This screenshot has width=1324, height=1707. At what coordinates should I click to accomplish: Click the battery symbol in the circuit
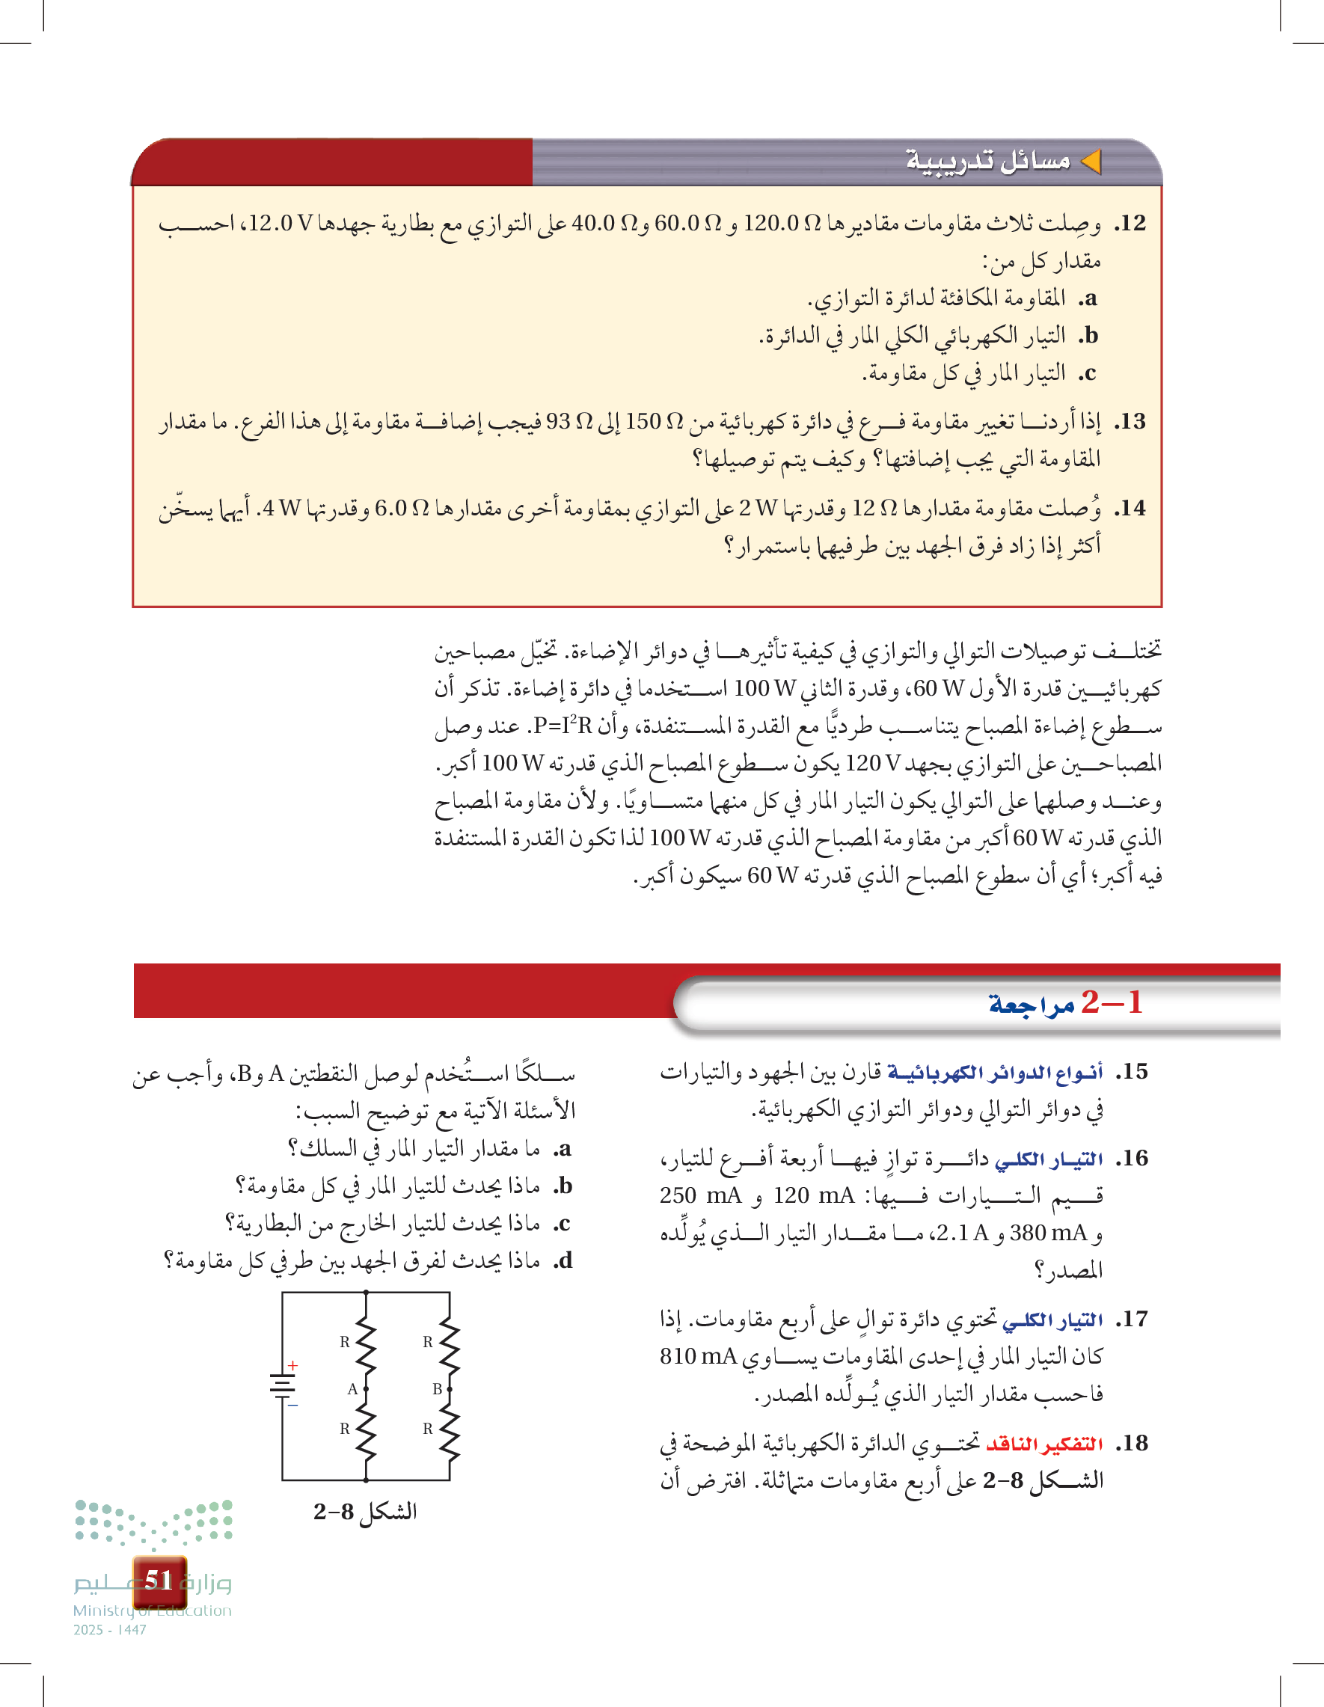pos(282,1385)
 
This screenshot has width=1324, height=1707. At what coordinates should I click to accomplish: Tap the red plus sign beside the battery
pos(293,1365)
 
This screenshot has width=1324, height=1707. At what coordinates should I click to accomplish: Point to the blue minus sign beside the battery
pos(293,1405)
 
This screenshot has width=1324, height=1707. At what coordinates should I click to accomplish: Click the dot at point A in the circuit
pos(366,1389)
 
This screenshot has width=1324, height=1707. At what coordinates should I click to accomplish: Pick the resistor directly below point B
pos(450,1432)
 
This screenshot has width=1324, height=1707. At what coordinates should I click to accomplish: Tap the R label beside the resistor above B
pos(428,1342)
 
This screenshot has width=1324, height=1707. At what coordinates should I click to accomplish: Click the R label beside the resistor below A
pos(345,1429)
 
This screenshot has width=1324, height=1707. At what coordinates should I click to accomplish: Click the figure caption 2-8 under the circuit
pos(365,1512)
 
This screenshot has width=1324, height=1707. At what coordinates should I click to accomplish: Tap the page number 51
pos(159,1581)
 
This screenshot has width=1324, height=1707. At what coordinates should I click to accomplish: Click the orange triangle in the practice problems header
pos(1091,162)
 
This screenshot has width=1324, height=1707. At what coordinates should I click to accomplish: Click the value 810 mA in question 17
pos(698,1356)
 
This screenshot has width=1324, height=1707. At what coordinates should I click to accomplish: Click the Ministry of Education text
pos(153,1611)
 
